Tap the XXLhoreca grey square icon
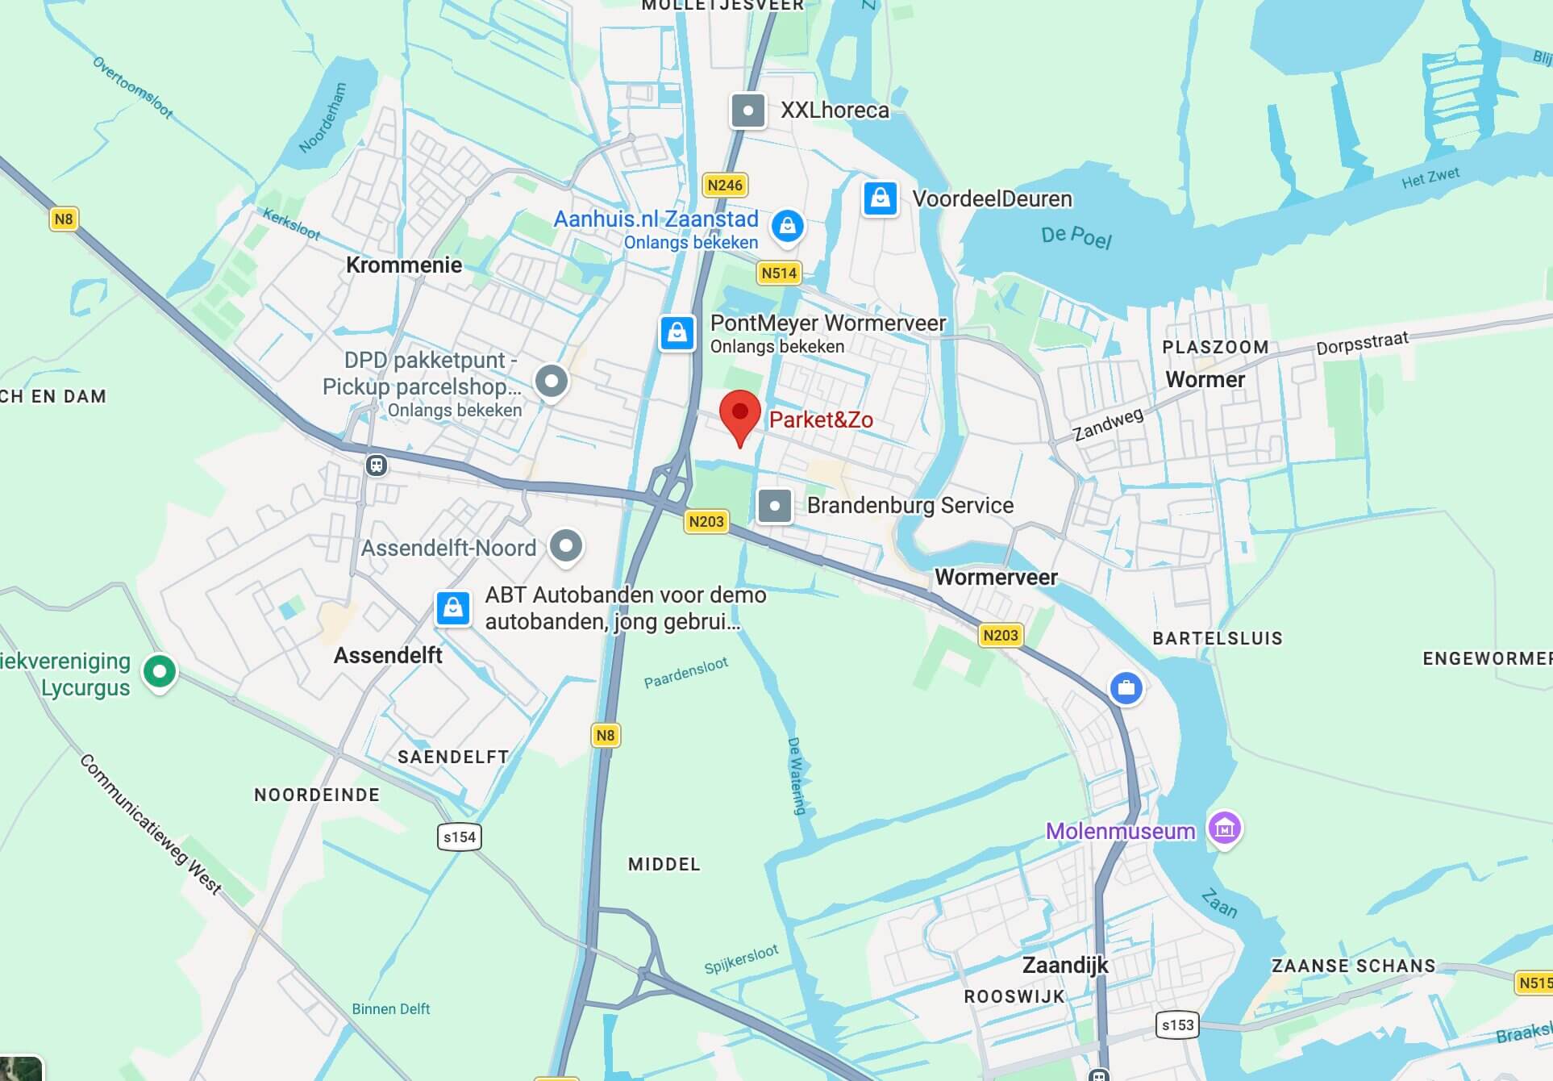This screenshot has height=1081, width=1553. [x=747, y=111]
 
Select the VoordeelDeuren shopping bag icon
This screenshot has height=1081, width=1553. [x=881, y=198]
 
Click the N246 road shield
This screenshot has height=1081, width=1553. [x=725, y=186]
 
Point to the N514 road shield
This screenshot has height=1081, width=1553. [x=779, y=273]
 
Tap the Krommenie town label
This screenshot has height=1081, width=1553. [x=404, y=265]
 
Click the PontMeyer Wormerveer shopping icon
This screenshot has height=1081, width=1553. [x=677, y=332]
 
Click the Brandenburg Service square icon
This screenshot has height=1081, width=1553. [x=775, y=506]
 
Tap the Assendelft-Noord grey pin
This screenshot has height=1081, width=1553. [x=566, y=546]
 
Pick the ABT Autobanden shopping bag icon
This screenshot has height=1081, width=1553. [x=453, y=607]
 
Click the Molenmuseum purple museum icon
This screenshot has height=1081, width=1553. [x=1224, y=828]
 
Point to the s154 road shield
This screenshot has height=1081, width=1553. [x=460, y=837]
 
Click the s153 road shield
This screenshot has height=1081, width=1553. [x=1176, y=1025]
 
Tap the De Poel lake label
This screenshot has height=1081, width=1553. [x=1076, y=236]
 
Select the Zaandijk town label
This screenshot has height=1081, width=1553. [x=1064, y=965]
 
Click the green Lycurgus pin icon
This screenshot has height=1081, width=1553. [x=160, y=671]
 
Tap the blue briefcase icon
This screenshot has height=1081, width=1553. [x=1126, y=688]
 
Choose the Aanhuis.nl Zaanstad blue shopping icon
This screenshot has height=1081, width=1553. [x=787, y=227]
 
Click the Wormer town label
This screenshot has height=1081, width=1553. [x=1205, y=379]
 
